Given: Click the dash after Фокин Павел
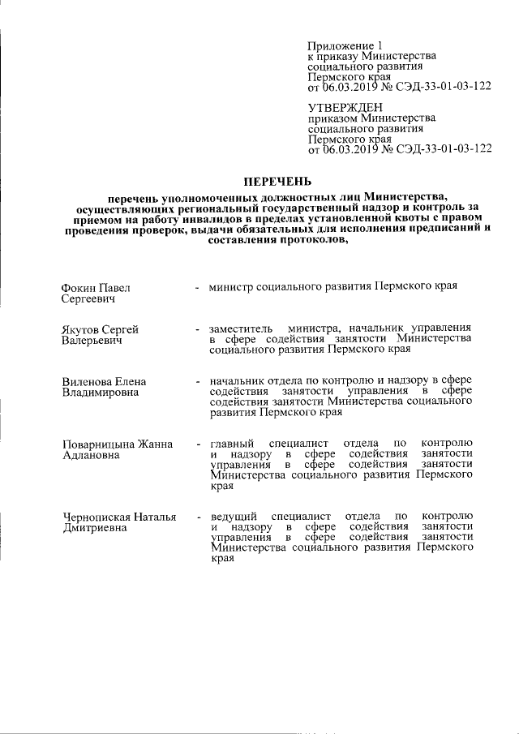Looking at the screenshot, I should pyautogui.click(x=196, y=289).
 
